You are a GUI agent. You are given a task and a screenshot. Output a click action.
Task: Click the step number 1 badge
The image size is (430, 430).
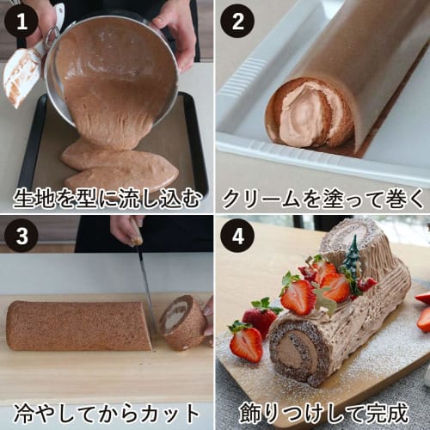pos(20,20)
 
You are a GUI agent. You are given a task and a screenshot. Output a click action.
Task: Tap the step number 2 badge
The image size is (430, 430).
pos(236,20)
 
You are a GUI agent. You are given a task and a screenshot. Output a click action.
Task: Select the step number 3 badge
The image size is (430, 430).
pos(20,235)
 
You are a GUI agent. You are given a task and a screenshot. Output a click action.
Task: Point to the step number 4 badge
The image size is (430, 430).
pos(236,235)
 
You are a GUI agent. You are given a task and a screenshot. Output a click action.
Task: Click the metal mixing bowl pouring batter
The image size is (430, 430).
pos(112,69)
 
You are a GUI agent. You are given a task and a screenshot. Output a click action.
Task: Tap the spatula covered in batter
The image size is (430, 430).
pos(26,73)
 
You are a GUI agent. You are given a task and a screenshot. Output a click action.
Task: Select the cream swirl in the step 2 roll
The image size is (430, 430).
pos(301,116)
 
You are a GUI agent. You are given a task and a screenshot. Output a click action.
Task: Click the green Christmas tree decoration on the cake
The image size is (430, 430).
pos(353,258)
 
